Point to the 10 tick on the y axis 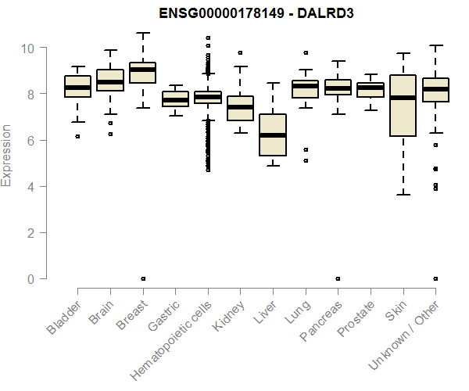28,48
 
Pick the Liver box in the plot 272,135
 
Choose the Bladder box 77,86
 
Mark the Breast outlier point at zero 142,278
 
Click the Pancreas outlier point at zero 337,278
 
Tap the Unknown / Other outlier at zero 435,278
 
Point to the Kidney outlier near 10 240,53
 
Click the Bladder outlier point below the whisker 77,136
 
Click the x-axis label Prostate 355,321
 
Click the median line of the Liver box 272,135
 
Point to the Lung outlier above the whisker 305,53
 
